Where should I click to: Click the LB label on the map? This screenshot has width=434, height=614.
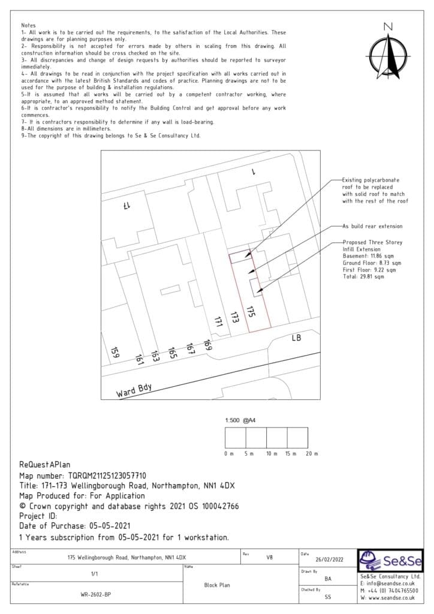296,339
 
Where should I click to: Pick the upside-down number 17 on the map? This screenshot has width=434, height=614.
127,206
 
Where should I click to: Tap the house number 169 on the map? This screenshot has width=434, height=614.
207,345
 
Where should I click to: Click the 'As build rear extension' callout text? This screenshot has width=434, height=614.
372,226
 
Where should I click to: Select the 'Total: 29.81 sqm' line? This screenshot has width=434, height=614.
363,277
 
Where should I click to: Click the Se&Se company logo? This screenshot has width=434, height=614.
390,562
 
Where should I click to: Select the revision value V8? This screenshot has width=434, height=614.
269,556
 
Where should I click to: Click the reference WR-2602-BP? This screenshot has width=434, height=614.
96,595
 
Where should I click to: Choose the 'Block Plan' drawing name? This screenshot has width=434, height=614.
216,585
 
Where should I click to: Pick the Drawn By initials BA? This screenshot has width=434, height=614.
328,579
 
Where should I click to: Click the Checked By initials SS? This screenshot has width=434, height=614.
328,597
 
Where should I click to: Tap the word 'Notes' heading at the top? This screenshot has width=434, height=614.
28,25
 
